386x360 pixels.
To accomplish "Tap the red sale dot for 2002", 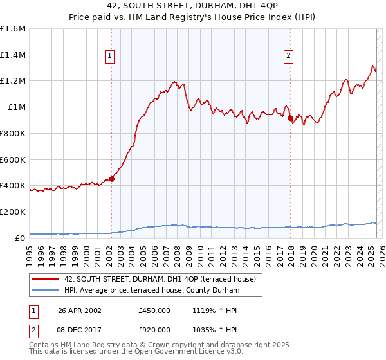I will tap(111, 179).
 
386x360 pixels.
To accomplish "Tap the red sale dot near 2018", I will tap(290, 118).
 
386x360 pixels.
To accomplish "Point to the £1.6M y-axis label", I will tap(13, 29).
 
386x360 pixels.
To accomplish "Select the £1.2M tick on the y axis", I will tap(13, 81).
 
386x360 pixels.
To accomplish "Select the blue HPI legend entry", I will tap(151, 291).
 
